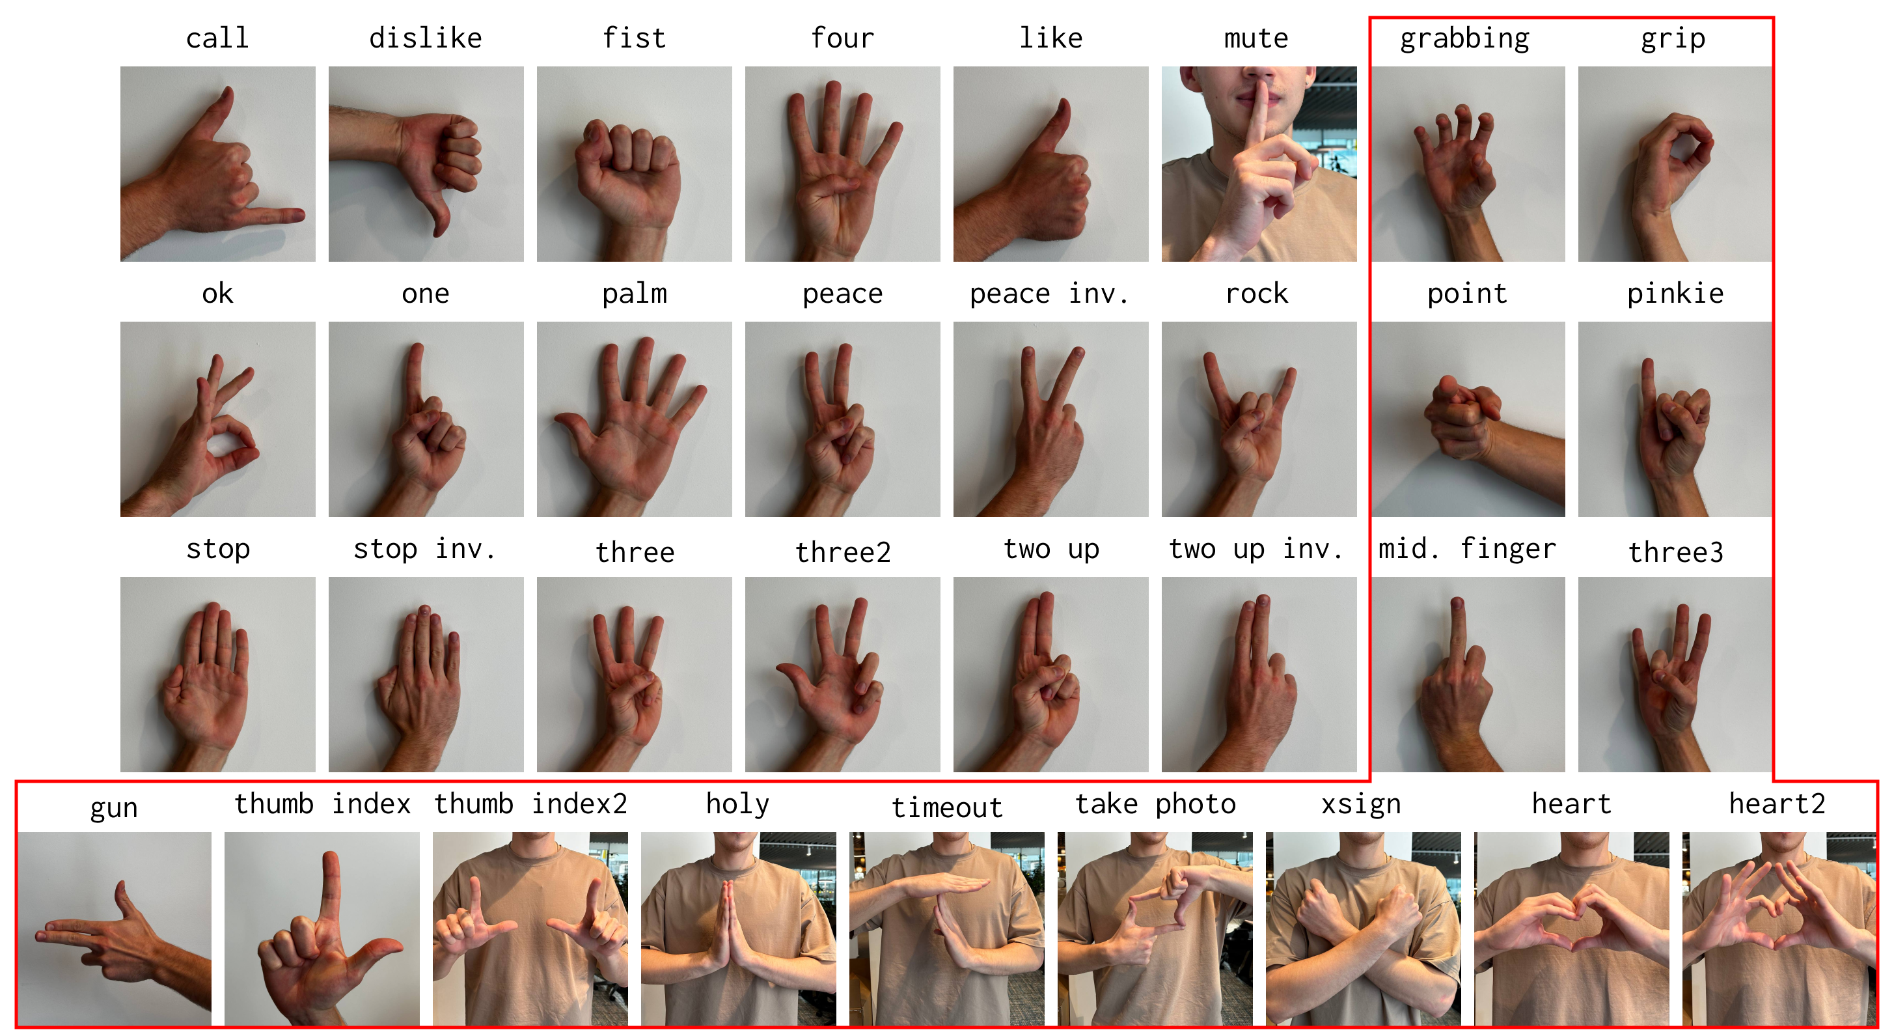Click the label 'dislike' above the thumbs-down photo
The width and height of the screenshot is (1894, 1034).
pyautogui.click(x=425, y=38)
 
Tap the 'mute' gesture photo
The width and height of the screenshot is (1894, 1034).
pyautogui.click(x=1258, y=163)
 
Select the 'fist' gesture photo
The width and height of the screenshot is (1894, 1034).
pyautogui.click(x=634, y=163)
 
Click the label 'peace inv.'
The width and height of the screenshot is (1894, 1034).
pyautogui.click(x=1049, y=294)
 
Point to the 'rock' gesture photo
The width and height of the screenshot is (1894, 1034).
pyautogui.click(x=1258, y=419)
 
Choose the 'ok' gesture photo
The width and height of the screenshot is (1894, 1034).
pyautogui.click(x=217, y=419)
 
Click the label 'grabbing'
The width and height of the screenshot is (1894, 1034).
pyautogui.click(x=1464, y=38)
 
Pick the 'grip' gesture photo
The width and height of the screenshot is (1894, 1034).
pyautogui.click(x=1674, y=163)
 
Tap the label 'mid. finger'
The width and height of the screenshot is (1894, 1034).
pyautogui.click(x=1467, y=549)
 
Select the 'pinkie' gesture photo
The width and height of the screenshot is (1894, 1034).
pyautogui.click(x=1674, y=419)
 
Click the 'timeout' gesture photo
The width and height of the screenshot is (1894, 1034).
pyautogui.click(x=946, y=928)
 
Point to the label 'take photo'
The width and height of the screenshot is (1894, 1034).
pyautogui.click(x=1155, y=803)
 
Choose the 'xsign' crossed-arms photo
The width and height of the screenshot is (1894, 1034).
pyautogui.click(x=1362, y=928)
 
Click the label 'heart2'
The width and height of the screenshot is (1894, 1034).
pyautogui.click(x=1776, y=803)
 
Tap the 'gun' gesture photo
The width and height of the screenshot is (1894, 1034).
pyautogui.click(x=115, y=928)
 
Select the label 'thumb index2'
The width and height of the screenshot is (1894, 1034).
pyautogui.click(x=530, y=803)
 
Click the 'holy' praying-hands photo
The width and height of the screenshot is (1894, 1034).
pyautogui.click(x=738, y=928)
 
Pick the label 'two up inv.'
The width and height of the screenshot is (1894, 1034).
pyautogui.click(x=1256, y=549)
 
